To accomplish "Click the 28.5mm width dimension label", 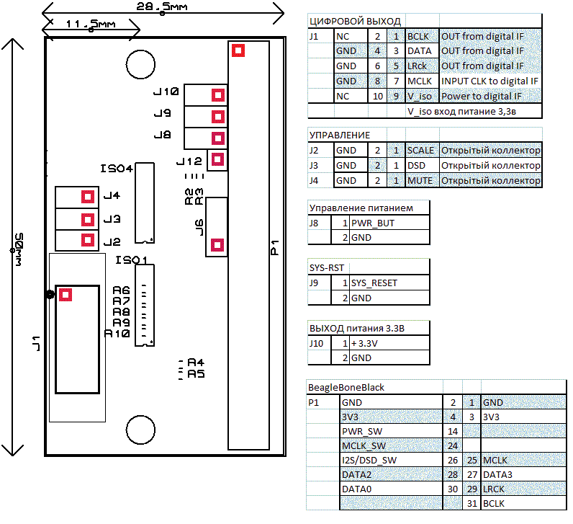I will pos(163,6).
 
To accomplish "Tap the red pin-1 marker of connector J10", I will pos(217,95).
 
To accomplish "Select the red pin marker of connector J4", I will pos(88,197).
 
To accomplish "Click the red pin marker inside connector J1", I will pos(66,294).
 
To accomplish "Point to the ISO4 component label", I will pos(117,169).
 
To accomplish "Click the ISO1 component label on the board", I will pos(130,260).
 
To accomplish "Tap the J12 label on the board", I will pos(189,161).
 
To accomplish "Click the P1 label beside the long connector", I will pos(274,247).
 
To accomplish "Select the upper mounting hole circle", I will pos(137,63).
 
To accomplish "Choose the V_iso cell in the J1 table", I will pos(420,96).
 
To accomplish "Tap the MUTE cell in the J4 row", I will pos(420,180).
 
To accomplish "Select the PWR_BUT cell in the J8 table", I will pos(372,223).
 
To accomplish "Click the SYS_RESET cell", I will pos(374,283).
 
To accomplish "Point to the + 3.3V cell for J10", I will pos(365,343).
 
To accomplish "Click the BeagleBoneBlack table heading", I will pos(346,387).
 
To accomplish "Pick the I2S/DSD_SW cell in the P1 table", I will pos(369,459).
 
